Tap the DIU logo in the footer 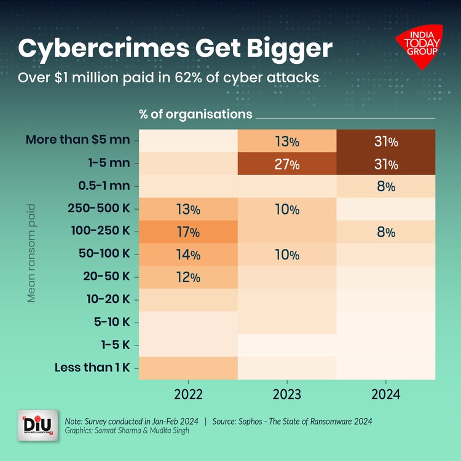pos(38,425)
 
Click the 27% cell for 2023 pos(287,165)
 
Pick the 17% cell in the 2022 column pos(188,232)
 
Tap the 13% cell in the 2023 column pos(287,142)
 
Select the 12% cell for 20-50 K pos(188,277)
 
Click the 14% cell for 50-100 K pos(188,254)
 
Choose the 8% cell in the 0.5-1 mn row pos(385,187)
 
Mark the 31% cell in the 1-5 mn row pos(385,165)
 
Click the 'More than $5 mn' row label pos(77,140)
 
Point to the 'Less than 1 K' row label pos(92,368)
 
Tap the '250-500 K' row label pos(98,208)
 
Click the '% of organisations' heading pos(195,114)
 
